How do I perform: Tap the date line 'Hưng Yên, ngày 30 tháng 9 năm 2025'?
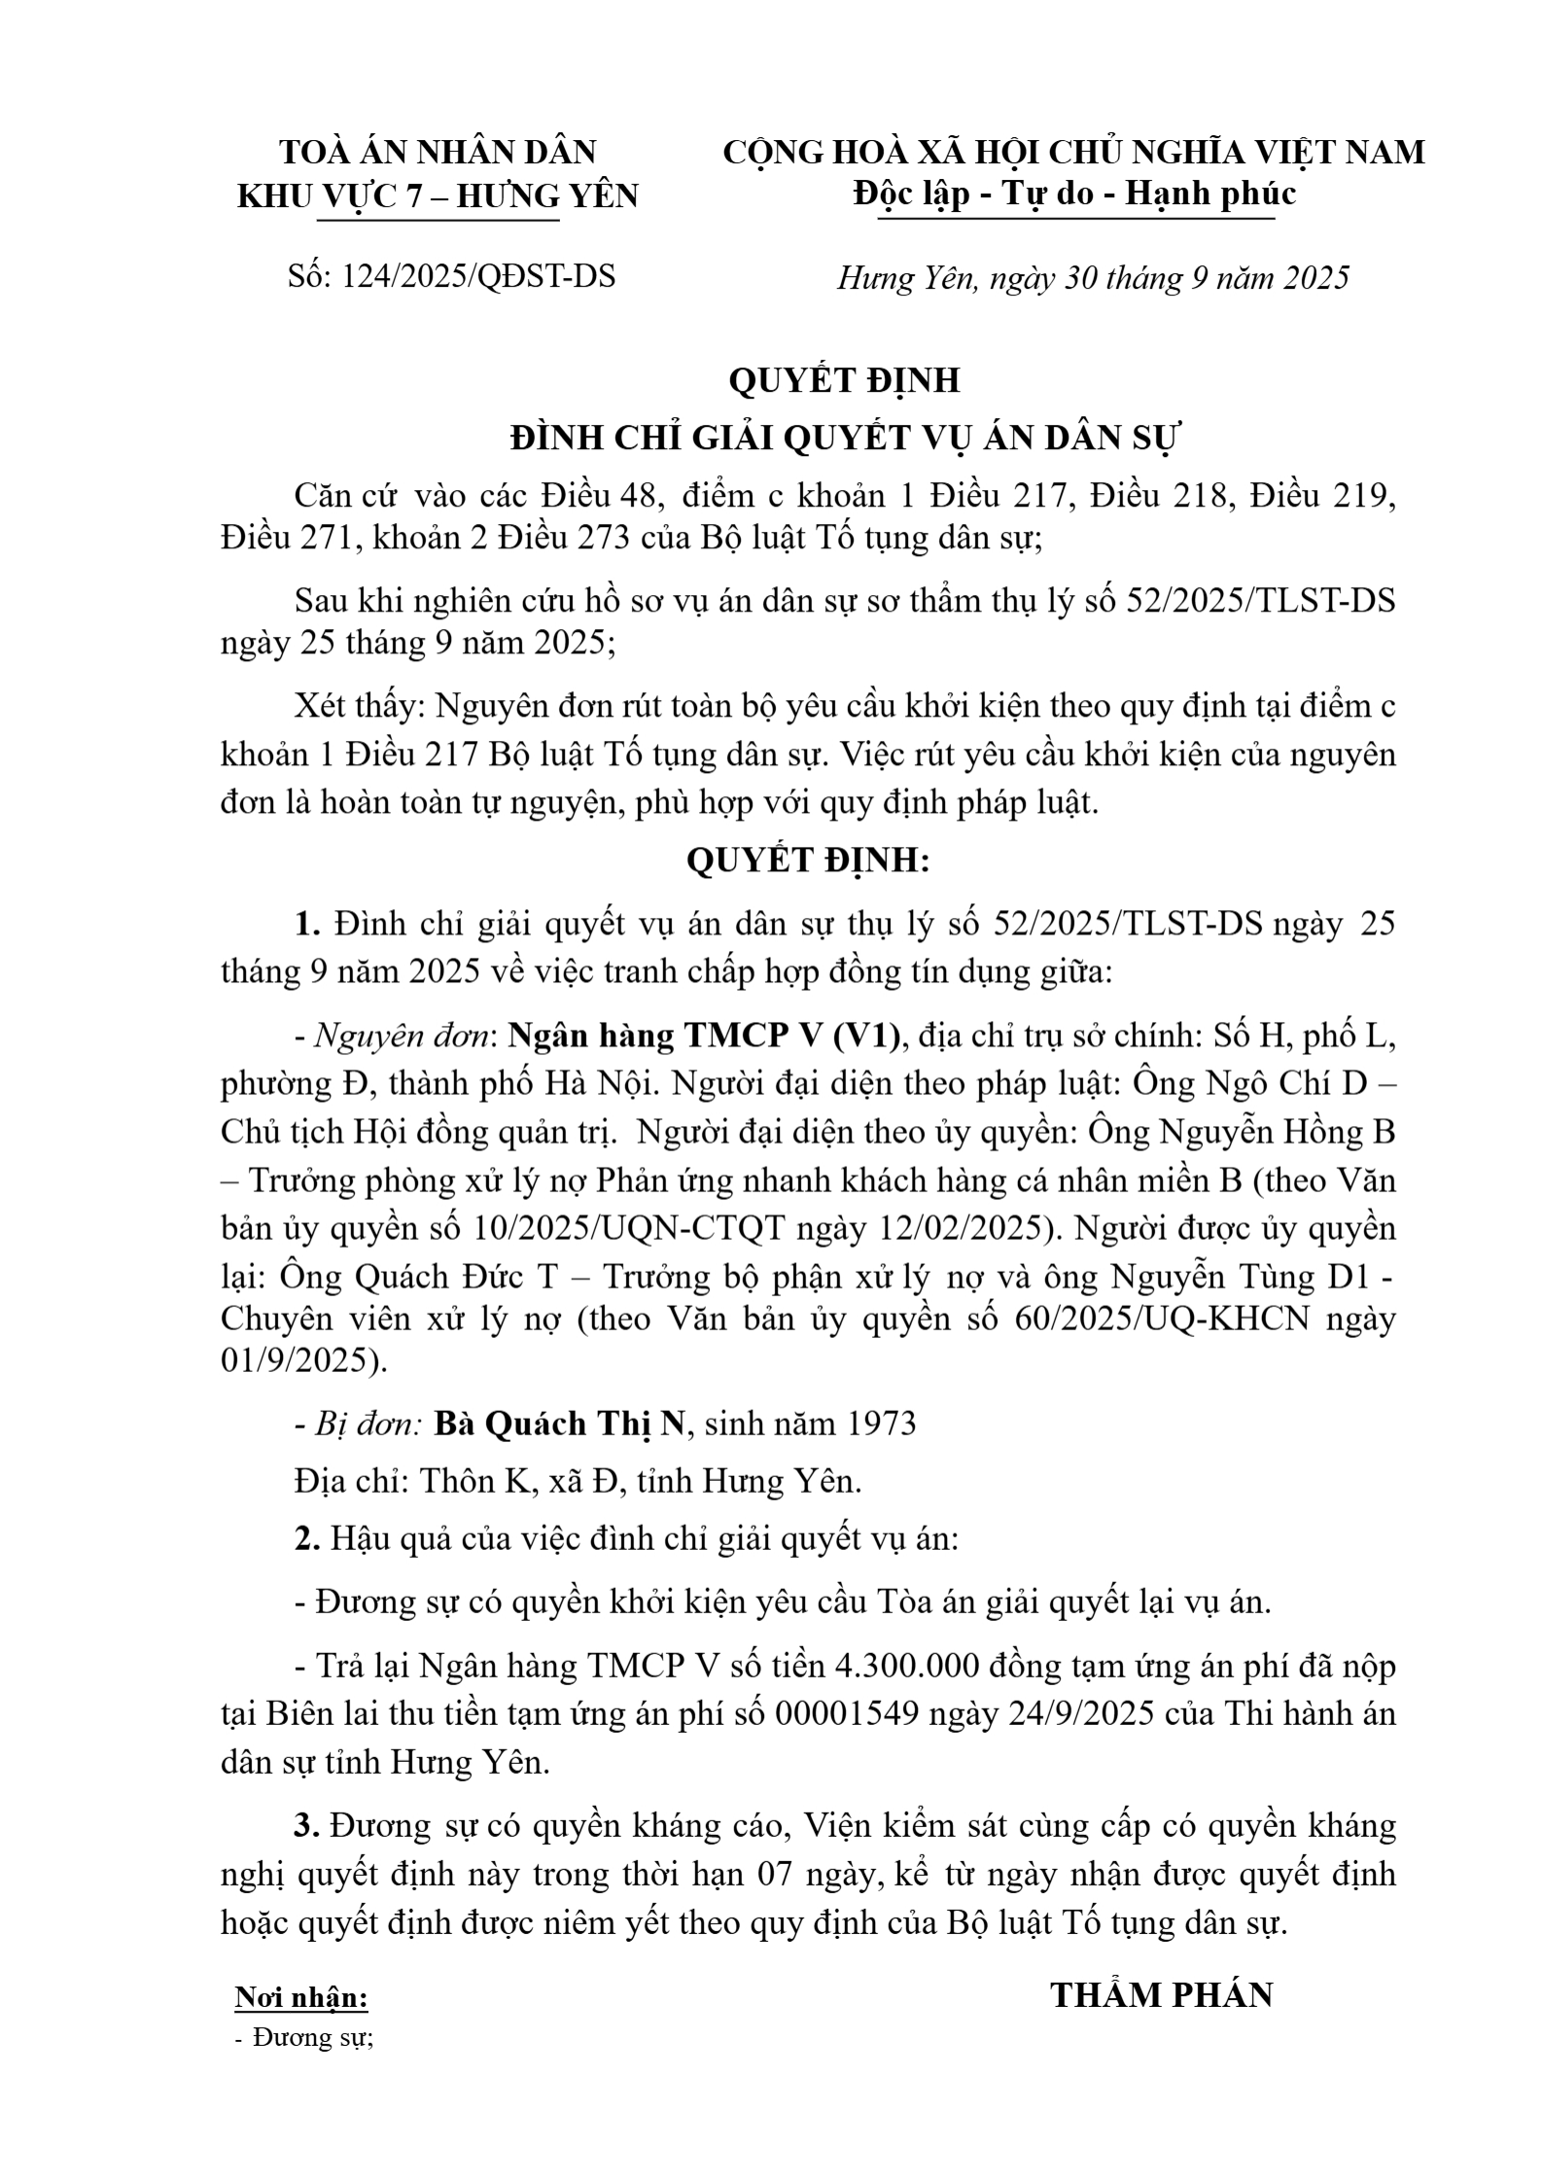[x=1093, y=278]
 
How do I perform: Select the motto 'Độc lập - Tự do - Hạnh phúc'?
[x=1074, y=194]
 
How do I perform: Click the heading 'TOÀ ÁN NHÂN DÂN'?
[x=438, y=153]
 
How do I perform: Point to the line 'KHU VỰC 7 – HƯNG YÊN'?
[x=438, y=196]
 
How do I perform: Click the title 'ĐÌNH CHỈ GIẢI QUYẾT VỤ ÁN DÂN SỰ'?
[x=844, y=439]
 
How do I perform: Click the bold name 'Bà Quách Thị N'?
[x=559, y=1424]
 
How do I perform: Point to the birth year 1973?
[x=881, y=1424]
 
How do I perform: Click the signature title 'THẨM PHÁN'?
[x=1162, y=1994]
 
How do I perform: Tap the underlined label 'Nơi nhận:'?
[x=301, y=1997]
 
